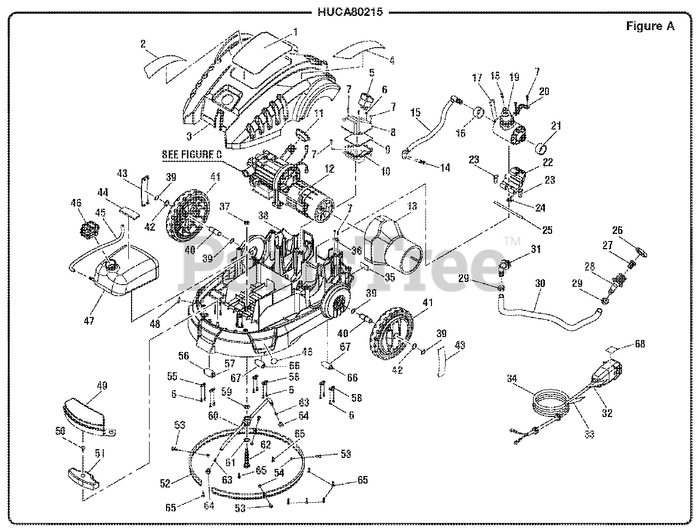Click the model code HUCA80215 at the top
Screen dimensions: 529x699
[x=349, y=11]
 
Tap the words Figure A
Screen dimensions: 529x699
[x=650, y=26]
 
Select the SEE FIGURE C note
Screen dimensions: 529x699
[x=192, y=155]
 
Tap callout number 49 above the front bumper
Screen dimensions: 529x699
[x=102, y=385]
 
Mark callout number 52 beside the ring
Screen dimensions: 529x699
[x=165, y=483]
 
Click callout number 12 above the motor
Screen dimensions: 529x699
[x=329, y=169]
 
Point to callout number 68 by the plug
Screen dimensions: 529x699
[x=639, y=344]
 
